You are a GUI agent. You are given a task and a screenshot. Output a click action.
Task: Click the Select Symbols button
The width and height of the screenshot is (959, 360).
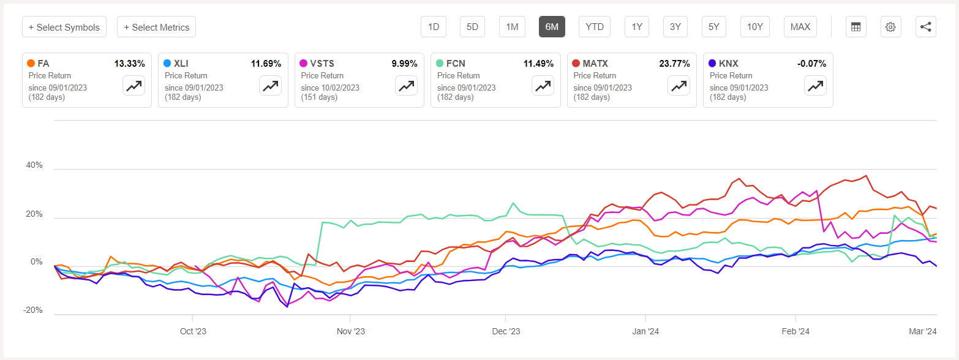(64, 27)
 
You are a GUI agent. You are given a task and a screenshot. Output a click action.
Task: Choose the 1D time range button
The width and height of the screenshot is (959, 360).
(434, 27)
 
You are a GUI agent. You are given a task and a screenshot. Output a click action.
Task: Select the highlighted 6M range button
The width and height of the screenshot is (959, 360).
(552, 27)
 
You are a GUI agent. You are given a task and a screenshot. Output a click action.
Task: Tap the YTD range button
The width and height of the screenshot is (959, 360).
(594, 27)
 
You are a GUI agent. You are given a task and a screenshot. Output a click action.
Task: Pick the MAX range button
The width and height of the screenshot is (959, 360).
(800, 27)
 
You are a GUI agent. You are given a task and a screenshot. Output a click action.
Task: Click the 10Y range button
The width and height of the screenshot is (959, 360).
(755, 27)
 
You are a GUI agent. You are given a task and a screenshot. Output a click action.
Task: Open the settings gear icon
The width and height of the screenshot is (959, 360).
(890, 27)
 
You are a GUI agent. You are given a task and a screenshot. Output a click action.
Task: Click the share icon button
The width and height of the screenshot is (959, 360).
(925, 27)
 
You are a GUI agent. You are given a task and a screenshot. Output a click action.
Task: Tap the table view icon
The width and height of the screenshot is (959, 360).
(856, 27)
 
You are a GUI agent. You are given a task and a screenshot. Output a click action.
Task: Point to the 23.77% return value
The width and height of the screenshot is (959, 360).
(674, 63)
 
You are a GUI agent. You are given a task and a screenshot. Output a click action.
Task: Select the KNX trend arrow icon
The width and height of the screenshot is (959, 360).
(814, 86)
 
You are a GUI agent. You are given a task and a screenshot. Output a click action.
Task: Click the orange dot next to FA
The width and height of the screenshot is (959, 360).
(31, 63)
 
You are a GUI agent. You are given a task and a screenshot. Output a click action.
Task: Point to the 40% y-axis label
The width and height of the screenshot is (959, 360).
(34, 165)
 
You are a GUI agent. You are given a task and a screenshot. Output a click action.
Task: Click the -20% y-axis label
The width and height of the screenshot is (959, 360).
(33, 310)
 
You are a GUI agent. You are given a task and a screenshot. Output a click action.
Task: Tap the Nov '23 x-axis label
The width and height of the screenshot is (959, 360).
(350, 331)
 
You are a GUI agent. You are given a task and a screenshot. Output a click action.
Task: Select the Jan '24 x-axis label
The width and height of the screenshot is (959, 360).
(645, 331)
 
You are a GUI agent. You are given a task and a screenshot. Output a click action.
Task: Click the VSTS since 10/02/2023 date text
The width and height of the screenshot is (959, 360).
(330, 88)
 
